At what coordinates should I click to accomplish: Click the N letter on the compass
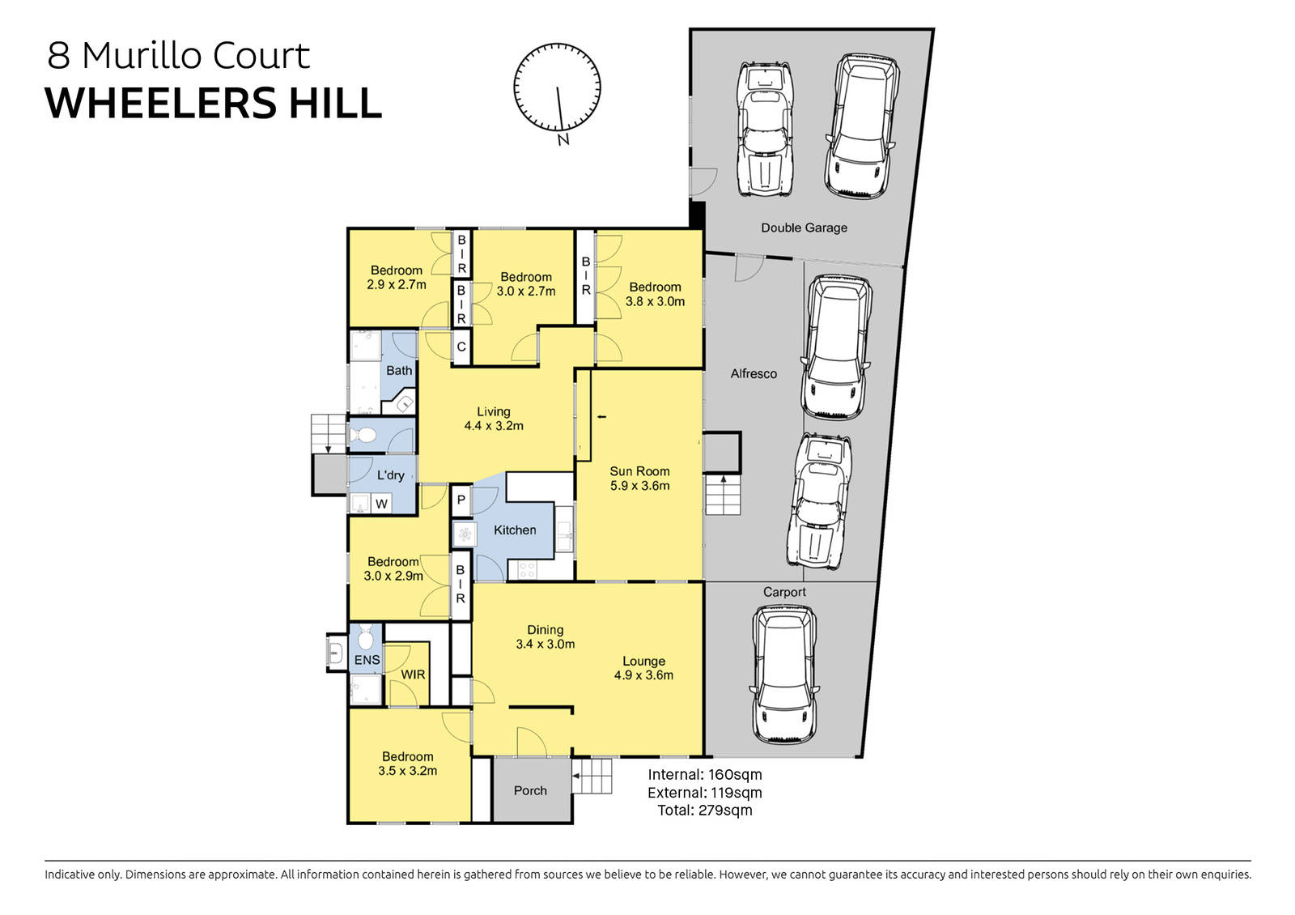563,140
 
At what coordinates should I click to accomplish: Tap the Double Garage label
804,228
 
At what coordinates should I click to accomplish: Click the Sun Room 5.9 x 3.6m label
639,479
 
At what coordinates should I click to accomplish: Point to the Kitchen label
515,530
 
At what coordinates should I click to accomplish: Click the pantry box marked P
461,500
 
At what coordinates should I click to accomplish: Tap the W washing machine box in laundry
382,504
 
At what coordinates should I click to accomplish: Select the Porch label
530,790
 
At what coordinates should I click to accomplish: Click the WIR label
413,675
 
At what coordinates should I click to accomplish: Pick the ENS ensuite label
367,660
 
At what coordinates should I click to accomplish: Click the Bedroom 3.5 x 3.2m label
407,764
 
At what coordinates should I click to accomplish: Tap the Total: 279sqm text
704,811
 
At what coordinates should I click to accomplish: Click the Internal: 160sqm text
704,775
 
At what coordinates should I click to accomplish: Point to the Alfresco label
754,373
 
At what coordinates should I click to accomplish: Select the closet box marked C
461,347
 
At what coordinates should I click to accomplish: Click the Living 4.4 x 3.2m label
493,419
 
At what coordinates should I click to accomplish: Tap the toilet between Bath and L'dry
364,436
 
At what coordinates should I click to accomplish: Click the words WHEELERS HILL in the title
213,103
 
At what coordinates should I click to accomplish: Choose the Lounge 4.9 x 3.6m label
643,668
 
